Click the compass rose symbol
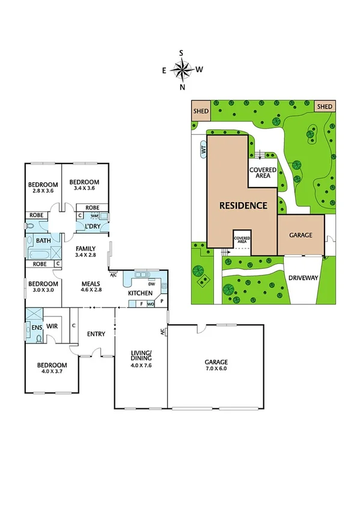click(182, 70)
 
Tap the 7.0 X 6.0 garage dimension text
click(215, 370)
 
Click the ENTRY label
click(96, 334)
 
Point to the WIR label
click(52, 327)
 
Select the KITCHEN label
click(141, 293)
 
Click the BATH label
click(43, 241)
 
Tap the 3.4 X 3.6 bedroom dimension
click(83, 188)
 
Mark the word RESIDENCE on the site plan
click(243, 205)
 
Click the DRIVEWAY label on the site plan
click(303, 278)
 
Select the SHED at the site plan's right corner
click(324, 106)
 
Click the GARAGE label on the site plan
click(301, 235)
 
